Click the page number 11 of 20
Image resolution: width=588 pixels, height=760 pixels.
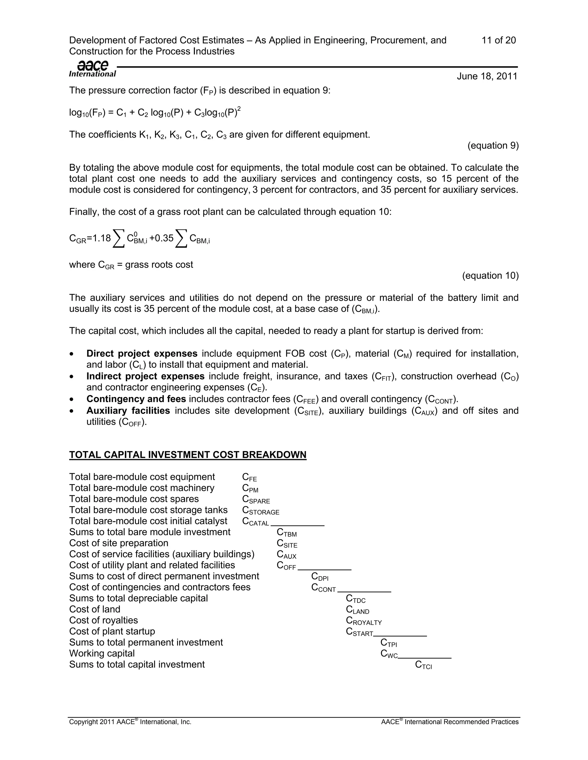pos(498,40)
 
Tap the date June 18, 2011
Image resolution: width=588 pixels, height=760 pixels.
pos(487,76)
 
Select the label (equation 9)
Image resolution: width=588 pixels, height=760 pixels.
pos(493,145)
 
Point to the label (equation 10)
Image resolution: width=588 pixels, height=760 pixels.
pos(490,276)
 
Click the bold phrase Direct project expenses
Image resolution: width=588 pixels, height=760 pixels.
pos(142,354)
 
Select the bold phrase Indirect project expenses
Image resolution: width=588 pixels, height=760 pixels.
pos(145,376)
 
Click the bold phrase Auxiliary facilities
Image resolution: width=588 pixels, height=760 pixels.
pos(128,411)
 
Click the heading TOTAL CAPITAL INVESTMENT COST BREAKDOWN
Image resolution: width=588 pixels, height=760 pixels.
pos(187,455)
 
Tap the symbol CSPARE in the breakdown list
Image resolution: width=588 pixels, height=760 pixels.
pos(256,499)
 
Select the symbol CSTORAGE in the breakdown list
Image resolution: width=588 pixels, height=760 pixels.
pos(261,510)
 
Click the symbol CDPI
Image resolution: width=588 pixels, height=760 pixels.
pos(320,577)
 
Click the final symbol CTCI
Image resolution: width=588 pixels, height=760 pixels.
pos(423,665)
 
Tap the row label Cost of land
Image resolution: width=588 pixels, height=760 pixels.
pos(94,609)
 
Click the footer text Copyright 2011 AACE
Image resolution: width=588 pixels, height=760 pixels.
pos(129,722)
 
